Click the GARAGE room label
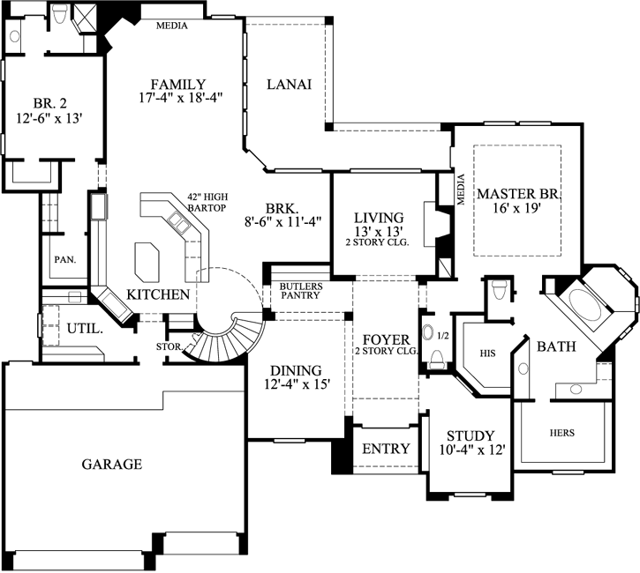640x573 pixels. pyautogui.click(x=112, y=464)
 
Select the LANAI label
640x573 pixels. pyautogui.click(x=287, y=85)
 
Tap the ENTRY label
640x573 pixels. pyautogui.click(x=386, y=449)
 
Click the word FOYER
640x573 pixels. pyautogui.click(x=386, y=339)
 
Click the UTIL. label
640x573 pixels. pyautogui.click(x=85, y=329)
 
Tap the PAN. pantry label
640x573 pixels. pyautogui.click(x=64, y=260)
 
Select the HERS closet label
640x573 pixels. pyautogui.click(x=561, y=433)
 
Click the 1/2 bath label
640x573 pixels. pyautogui.click(x=443, y=336)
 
